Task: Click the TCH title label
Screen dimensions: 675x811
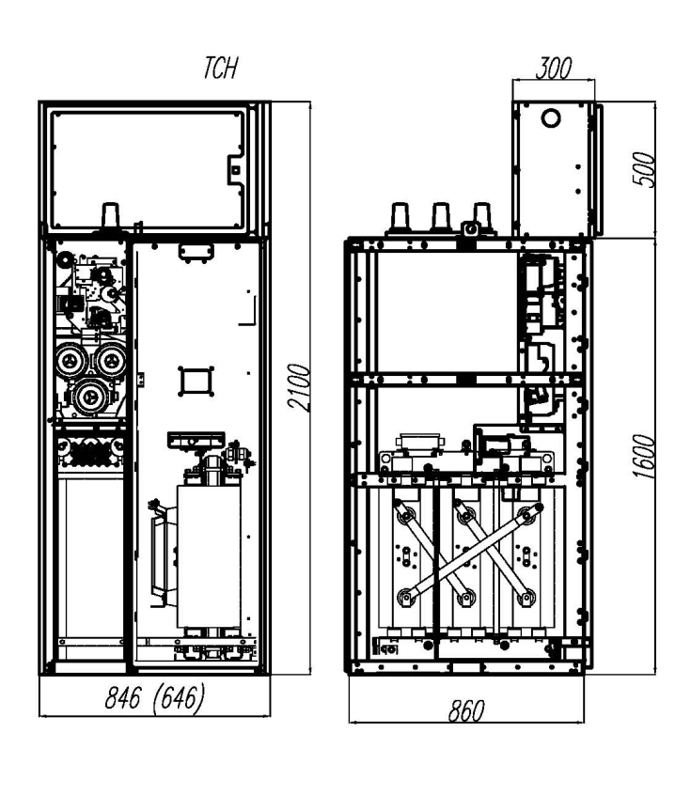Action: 220,68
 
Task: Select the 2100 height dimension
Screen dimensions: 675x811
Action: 299,387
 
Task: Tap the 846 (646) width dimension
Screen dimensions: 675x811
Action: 155,697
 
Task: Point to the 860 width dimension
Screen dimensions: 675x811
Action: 466,711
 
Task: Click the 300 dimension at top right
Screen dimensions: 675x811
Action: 554,69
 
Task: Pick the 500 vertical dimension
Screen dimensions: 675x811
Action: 644,169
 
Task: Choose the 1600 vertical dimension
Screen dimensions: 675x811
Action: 644,456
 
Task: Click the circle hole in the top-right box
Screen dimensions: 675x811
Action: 550,117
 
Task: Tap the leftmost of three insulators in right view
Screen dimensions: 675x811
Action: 400,216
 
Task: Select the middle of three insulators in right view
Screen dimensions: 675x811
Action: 441,216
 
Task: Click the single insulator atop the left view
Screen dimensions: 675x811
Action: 110,216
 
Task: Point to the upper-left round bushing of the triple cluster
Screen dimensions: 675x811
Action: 71,360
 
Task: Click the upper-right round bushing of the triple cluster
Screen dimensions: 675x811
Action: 110,360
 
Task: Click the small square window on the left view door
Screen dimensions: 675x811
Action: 196,382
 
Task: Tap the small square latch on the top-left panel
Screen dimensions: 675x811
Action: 235,170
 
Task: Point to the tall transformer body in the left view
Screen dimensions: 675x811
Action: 209,556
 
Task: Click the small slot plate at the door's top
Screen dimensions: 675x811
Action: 196,252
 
